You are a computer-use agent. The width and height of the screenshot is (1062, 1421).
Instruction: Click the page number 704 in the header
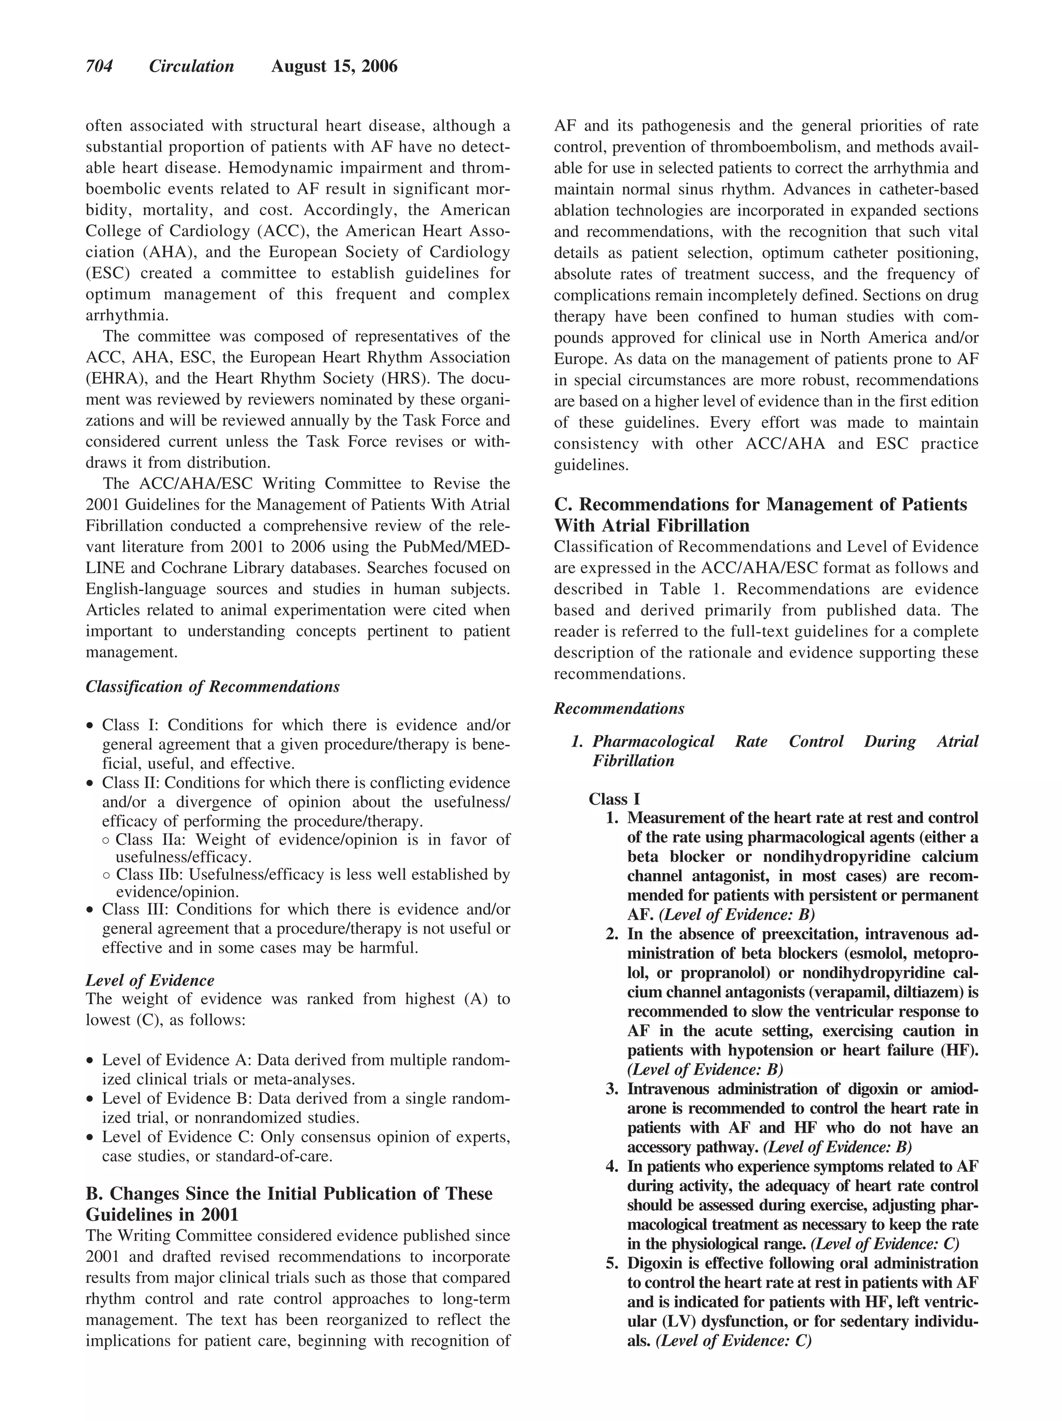tap(99, 66)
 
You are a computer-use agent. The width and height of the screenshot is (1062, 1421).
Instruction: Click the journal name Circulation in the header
tap(191, 66)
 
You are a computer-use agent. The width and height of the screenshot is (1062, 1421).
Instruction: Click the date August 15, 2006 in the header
tap(334, 66)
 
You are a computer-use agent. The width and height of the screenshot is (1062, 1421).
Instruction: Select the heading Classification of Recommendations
tap(212, 687)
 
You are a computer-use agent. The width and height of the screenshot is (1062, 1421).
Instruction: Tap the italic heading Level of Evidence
tap(150, 980)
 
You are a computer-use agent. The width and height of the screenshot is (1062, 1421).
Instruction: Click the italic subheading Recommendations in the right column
tap(619, 709)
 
